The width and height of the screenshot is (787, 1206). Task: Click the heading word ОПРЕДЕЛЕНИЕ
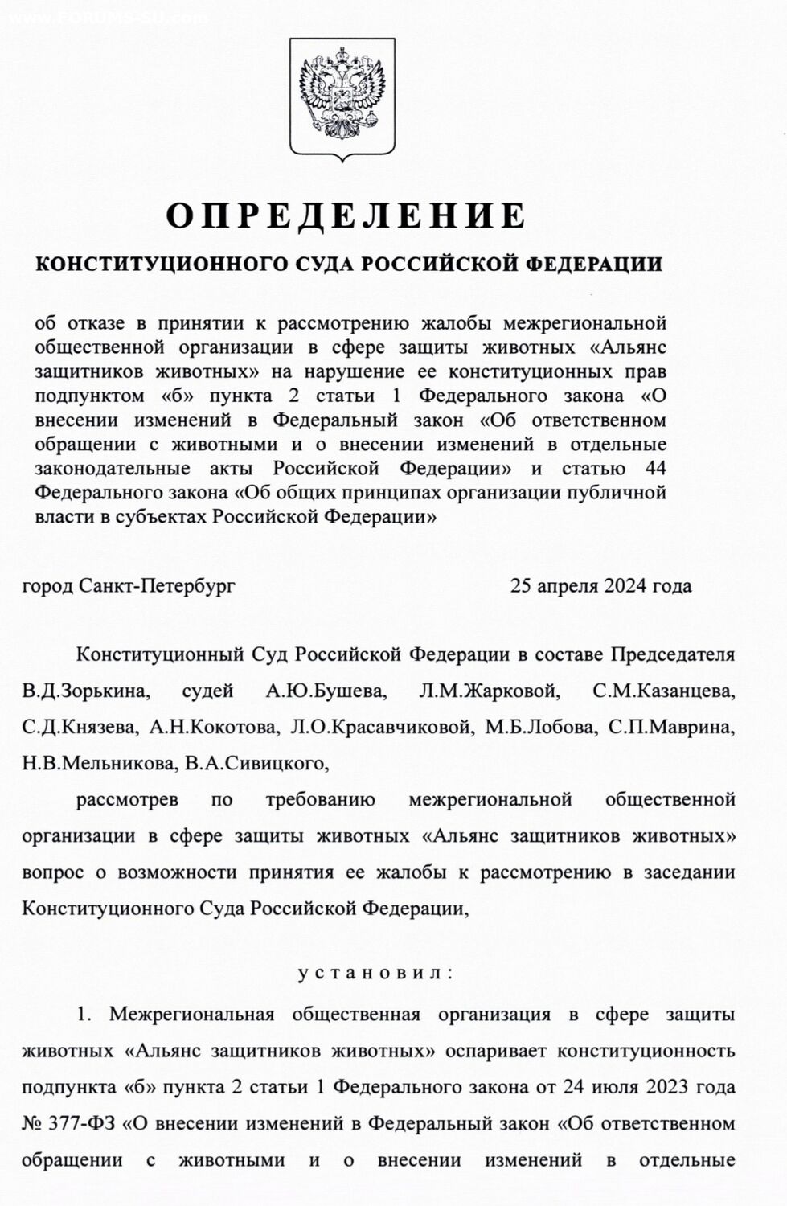(x=346, y=215)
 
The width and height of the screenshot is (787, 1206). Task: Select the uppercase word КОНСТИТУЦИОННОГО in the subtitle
(x=149, y=265)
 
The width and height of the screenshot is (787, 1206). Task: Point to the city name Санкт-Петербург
(x=158, y=585)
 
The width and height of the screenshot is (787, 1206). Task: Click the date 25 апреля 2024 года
(x=600, y=585)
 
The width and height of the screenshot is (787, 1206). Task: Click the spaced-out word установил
(x=375, y=973)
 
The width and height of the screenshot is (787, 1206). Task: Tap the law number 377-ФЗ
(x=83, y=1123)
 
